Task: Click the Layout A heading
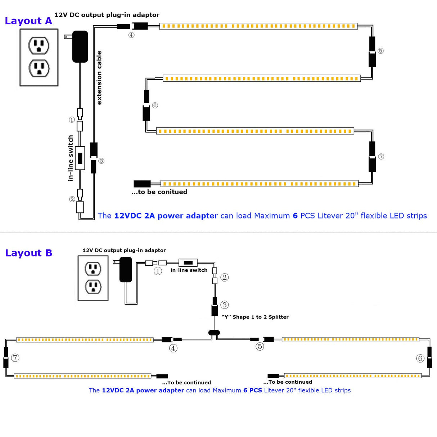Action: (x=28, y=21)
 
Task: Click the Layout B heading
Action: (x=28, y=253)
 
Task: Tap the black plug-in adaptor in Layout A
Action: (x=80, y=46)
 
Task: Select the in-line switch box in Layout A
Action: (x=80, y=158)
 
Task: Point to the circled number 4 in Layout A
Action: (x=131, y=35)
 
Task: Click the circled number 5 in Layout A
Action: (x=380, y=51)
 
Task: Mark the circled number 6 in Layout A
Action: (x=155, y=105)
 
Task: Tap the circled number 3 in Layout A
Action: (x=101, y=161)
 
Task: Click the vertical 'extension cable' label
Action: (x=99, y=78)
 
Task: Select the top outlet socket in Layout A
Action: (x=39, y=45)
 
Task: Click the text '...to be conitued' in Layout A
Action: (x=159, y=192)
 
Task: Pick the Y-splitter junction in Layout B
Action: (x=214, y=333)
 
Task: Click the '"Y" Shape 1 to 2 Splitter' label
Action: (x=255, y=317)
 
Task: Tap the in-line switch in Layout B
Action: (x=188, y=263)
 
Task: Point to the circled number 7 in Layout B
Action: (x=15, y=358)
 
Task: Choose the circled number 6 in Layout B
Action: (x=420, y=358)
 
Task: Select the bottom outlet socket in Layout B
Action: (x=93, y=287)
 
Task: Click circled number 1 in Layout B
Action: (x=158, y=271)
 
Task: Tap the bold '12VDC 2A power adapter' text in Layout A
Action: (x=166, y=216)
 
